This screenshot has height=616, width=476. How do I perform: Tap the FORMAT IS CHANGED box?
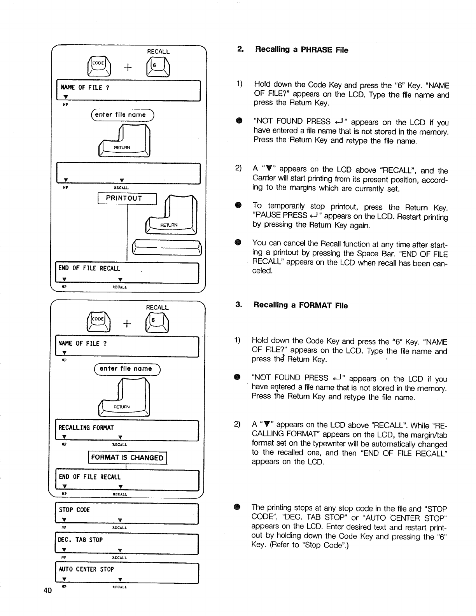[127, 458]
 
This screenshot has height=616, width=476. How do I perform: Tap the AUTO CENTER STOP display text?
[86, 569]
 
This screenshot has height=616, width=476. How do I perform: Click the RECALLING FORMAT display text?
[86, 428]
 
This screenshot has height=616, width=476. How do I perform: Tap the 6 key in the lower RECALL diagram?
[156, 323]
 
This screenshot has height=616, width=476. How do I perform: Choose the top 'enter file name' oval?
[122, 115]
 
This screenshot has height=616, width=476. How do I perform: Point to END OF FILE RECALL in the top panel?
[89, 268]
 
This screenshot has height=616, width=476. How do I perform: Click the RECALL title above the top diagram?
[158, 52]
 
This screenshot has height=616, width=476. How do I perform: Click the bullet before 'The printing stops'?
[236, 507]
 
